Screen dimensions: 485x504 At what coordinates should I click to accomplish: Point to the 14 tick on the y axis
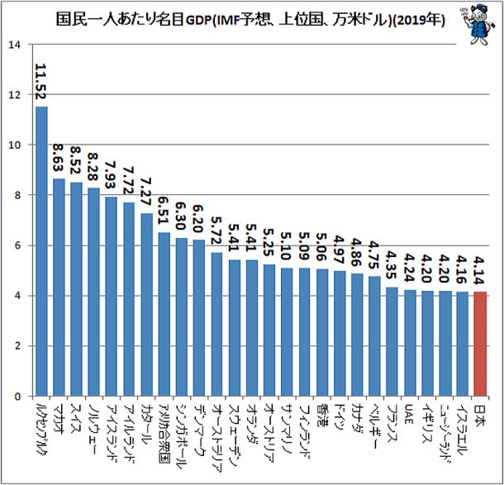tap(14, 44)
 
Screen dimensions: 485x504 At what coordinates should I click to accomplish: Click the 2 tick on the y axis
tap(17, 345)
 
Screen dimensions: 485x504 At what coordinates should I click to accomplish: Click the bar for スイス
tap(76, 289)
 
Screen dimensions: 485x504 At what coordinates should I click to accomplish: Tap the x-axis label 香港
tap(323, 417)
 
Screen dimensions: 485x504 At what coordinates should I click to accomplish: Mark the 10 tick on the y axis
tap(14, 145)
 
